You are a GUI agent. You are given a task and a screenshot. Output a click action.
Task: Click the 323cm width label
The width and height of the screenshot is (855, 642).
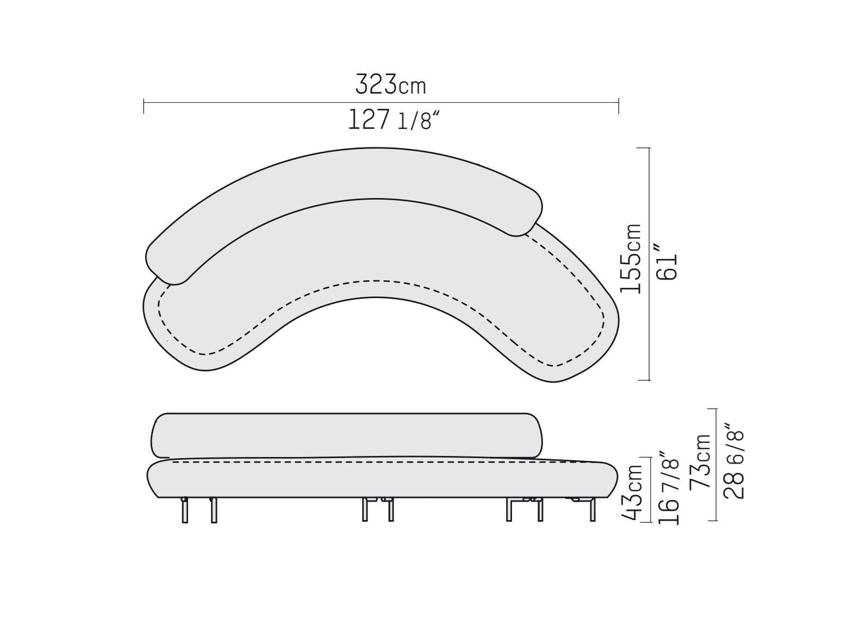(390, 85)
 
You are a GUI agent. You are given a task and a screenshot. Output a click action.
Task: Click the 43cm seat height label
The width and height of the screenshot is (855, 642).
(634, 492)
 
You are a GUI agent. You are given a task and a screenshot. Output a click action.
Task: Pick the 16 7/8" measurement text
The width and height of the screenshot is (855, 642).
(669, 487)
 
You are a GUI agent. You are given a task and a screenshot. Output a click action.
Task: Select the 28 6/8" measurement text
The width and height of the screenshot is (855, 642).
(734, 464)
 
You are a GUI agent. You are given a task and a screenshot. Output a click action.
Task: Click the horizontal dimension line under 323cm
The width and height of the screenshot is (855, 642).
(380, 102)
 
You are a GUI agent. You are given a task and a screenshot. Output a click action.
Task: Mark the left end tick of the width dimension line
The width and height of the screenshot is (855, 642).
(144, 106)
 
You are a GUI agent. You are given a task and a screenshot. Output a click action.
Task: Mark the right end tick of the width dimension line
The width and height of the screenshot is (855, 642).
(619, 106)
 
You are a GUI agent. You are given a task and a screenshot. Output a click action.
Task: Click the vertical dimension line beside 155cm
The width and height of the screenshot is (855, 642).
(650, 264)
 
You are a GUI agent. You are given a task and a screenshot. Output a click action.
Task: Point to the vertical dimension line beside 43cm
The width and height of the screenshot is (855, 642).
(651, 490)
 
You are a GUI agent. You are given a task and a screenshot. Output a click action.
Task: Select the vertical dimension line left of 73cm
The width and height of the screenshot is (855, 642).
(716, 465)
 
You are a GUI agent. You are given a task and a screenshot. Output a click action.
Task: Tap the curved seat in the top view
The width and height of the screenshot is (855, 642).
(380, 245)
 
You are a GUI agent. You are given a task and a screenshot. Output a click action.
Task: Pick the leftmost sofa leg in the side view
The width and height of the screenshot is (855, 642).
(185, 510)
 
